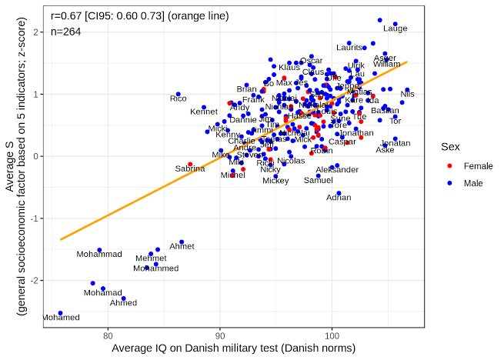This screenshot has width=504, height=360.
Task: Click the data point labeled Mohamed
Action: [60, 313]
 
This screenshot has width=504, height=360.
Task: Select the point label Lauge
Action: [395, 29]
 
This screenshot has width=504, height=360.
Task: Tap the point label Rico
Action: [179, 98]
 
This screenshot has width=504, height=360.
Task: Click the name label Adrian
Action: [339, 198]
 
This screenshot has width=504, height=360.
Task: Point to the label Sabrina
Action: [190, 168]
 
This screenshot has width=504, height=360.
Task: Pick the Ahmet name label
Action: [182, 246]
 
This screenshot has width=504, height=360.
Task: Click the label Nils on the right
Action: [407, 94]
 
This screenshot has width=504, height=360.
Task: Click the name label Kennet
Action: [204, 112]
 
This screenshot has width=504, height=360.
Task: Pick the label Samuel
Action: [319, 181]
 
